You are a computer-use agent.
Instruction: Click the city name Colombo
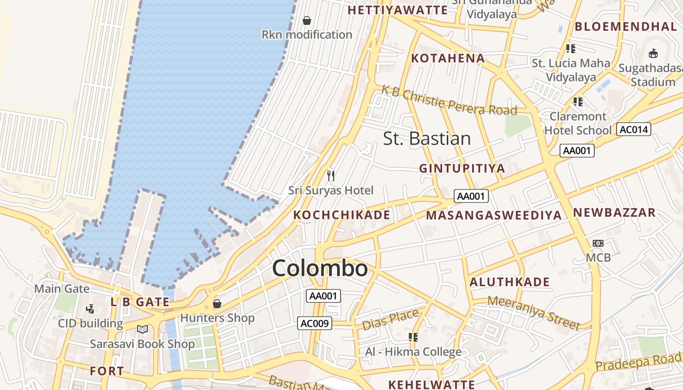(x=320, y=269)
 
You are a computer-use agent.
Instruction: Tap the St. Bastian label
(x=427, y=138)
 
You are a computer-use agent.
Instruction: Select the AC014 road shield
(x=634, y=129)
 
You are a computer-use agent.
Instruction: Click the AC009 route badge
(x=315, y=323)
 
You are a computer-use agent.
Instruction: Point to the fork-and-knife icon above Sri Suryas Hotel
(x=331, y=175)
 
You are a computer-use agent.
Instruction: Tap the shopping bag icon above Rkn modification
(x=307, y=20)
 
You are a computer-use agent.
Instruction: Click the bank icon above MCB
(x=598, y=243)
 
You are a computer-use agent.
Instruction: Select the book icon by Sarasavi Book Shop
(x=142, y=330)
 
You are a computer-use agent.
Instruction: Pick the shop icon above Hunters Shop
(x=217, y=304)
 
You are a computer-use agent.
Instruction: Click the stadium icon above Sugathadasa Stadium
(x=653, y=53)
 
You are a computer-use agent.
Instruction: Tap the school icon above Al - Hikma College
(x=413, y=337)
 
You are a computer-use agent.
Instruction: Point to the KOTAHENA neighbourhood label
(x=448, y=58)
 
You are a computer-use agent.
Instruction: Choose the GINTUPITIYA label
(x=462, y=169)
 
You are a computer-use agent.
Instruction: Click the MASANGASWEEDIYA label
(x=494, y=215)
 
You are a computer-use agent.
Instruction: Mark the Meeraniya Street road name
(x=534, y=312)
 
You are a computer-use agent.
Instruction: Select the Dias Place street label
(x=390, y=319)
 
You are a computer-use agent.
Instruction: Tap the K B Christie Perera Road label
(x=449, y=100)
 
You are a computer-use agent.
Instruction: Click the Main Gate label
(x=62, y=289)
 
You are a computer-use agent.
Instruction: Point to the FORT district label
(x=107, y=371)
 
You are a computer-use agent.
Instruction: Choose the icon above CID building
(x=90, y=309)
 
